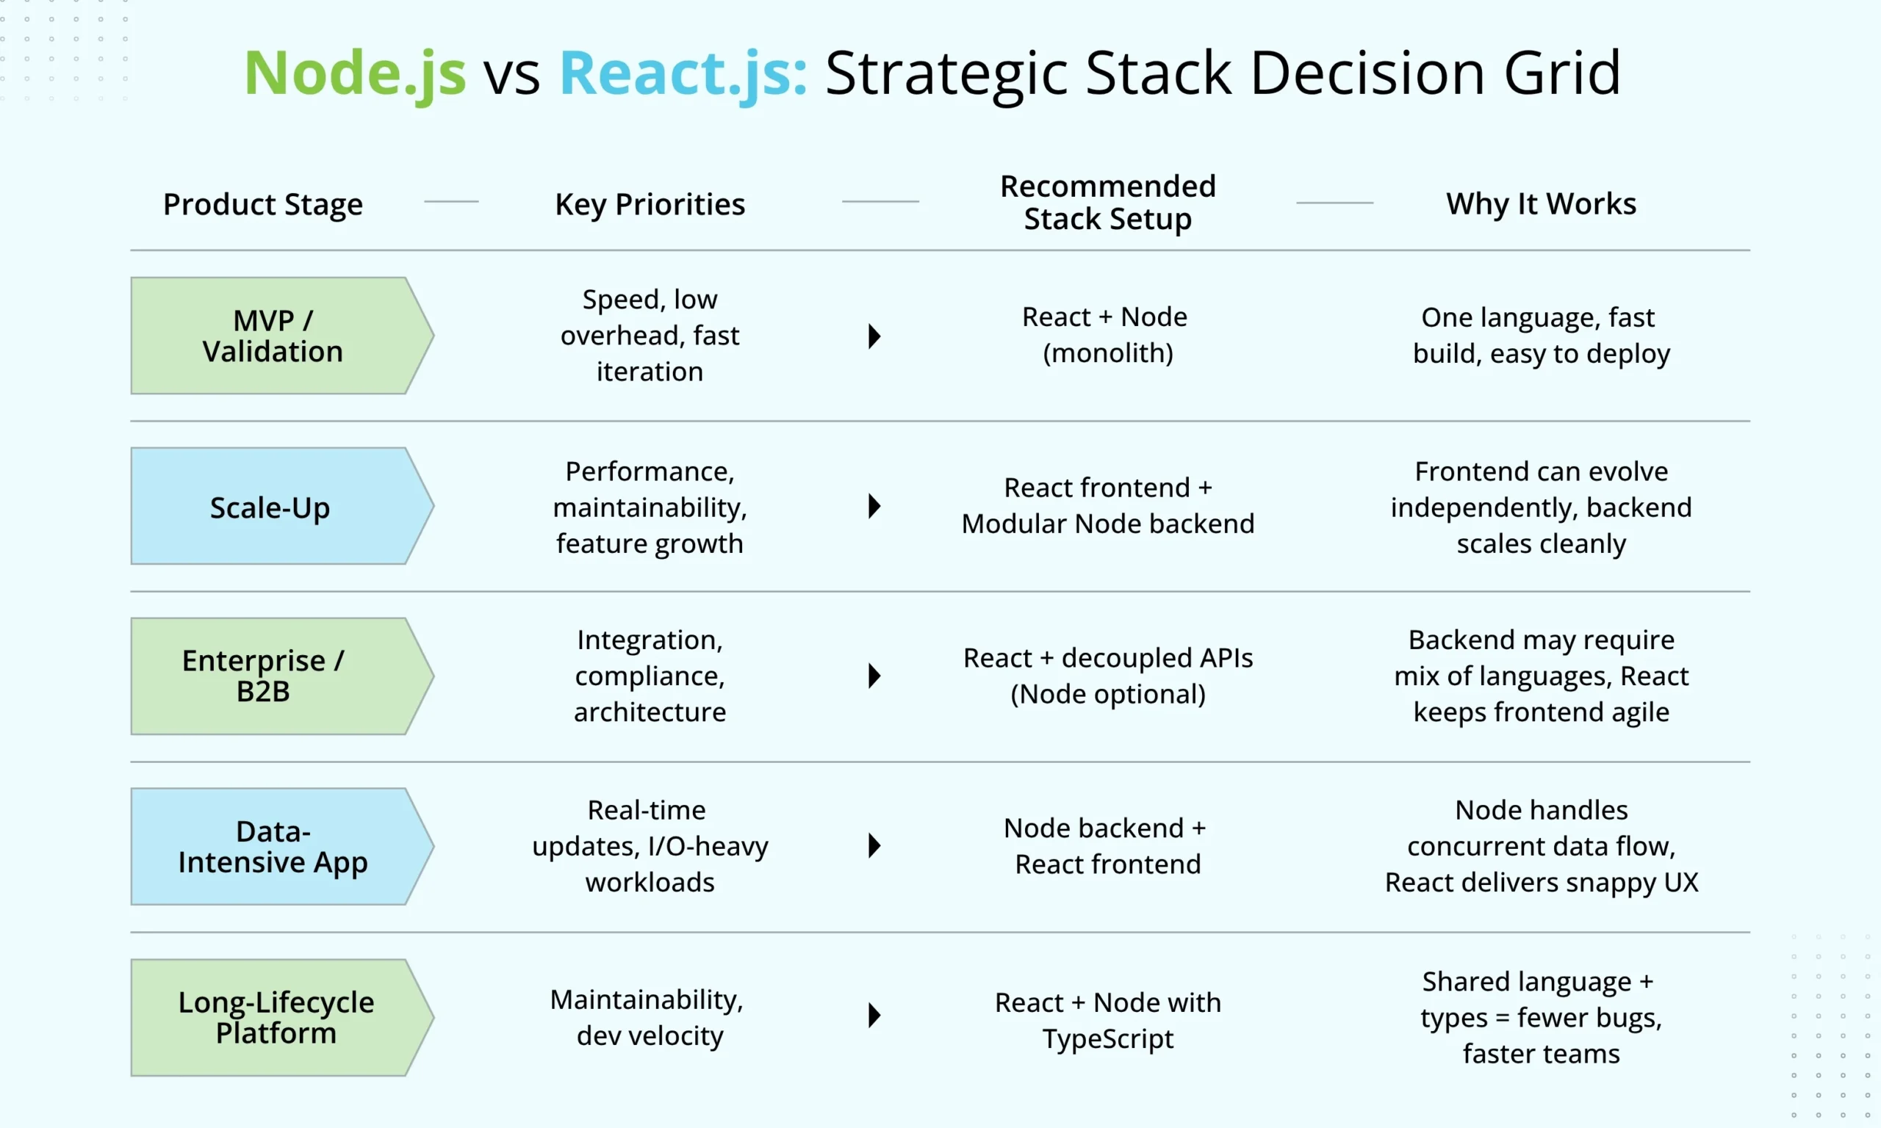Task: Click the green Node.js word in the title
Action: point(354,73)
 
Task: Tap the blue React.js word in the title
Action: point(683,73)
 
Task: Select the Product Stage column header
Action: point(263,203)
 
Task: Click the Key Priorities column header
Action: point(650,203)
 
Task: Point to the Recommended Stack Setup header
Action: point(1108,202)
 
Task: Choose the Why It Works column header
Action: point(1541,203)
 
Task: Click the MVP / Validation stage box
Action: point(274,336)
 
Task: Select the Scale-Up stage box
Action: point(274,506)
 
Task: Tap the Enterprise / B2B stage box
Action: point(274,676)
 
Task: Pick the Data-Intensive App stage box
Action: point(274,846)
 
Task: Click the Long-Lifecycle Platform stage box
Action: point(274,1017)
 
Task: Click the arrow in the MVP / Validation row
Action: point(874,336)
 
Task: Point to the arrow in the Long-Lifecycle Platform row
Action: point(874,1016)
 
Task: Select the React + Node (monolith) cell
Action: point(1108,334)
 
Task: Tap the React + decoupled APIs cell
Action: point(1108,676)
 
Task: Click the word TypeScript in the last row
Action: point(1108,1038)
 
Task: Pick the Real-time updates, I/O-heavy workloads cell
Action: point(650,846)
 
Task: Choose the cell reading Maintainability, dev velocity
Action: point(649,1017)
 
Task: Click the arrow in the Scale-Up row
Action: point(874,506)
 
